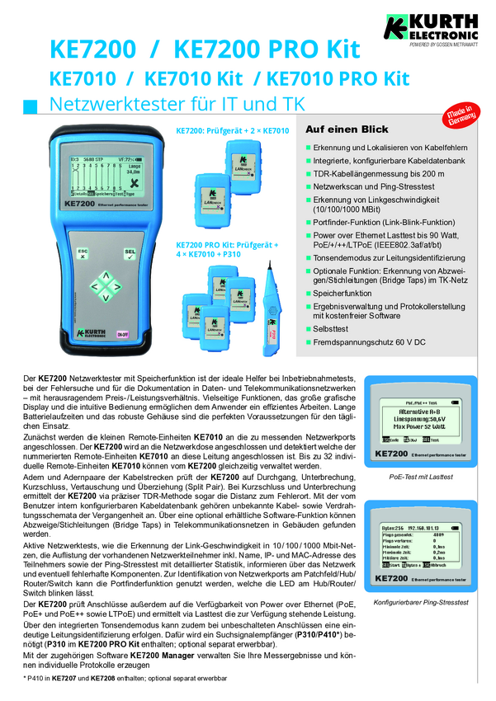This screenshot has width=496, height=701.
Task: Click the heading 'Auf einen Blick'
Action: tap(347, 129)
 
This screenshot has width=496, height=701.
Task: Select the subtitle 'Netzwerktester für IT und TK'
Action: tap(177, 105)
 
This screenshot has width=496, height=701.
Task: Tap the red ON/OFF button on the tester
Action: tap(122, 334)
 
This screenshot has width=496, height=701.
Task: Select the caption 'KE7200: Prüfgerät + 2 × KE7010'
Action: tap(232, 130)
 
